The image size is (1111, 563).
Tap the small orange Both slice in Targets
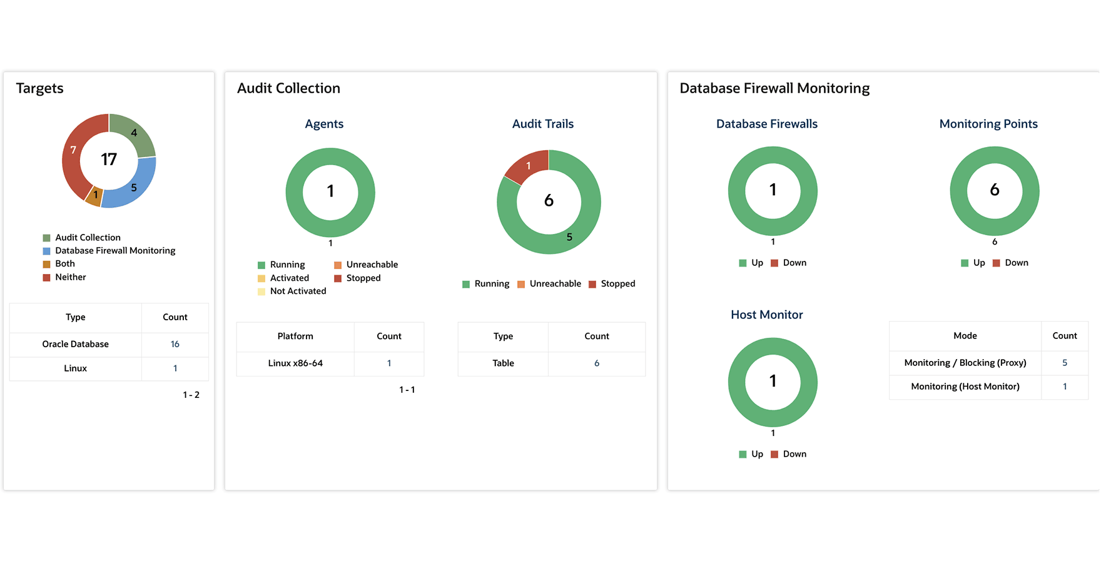pyautogui.click(x=94, y=196)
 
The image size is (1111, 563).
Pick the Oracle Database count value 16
pyautogui.click(x=175, y=344)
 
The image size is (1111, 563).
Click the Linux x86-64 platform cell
pyautogui.click(x=295, y=363)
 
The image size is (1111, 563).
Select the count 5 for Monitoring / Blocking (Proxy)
pyautogui.click(x=1065, y=363)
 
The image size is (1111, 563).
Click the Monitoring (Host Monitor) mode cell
pyautogui.click(x=965, y=387)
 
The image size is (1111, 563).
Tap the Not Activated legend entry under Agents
pyautogui.click(x=298, y=292)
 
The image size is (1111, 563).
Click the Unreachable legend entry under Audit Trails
pyautogui.click(x=555, y=284)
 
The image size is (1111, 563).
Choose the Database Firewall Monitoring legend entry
pyautogui.click(x=115, y=251)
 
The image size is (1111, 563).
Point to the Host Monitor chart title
pyautogui.click(x=766, y=315)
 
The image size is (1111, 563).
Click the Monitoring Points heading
pyautogui.click(x=988, y=124)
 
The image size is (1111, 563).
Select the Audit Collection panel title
pyautogui.click(x=288, y=88)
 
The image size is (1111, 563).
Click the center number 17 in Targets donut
pyautogui.click(x=109, y=160)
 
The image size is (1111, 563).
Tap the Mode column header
pyautogui.click(x=965, y=336)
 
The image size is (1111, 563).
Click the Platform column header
pyautogui.click(x=295, y=337)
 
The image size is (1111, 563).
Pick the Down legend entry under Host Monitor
pyautogui.click(x=794, y=454)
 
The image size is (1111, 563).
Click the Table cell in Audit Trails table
pyautogui.click(x=503, y=363)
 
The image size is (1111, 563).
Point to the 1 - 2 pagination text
pyautogui.click(x=191, y=395)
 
